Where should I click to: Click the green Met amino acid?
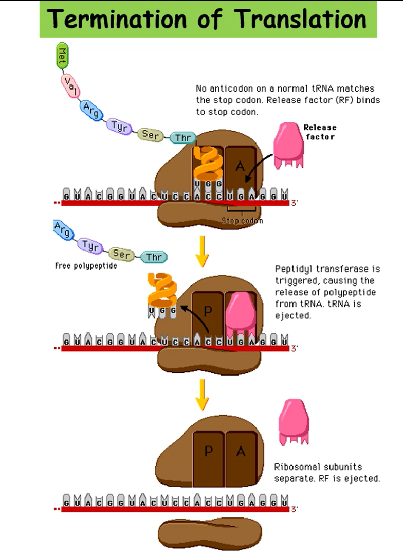tap(62, 56)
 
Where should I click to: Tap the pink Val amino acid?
tap(70, 86)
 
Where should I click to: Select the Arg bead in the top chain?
tap(91, 111)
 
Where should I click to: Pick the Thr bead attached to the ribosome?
tap(183, 138)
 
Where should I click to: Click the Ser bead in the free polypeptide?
tap(121, 254)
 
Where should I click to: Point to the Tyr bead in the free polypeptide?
tap(90, 245)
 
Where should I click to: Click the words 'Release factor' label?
tap(320, 132)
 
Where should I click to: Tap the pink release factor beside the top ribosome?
tap(288, 145)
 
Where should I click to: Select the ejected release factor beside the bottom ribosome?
tap(294, 421)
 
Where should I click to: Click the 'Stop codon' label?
tap(242, 221)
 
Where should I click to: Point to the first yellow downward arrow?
tap(202, 251)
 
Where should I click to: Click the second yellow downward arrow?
tap(202, 395)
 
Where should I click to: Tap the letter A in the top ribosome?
tap(240, 166)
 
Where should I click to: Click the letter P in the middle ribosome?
tap(208, 311)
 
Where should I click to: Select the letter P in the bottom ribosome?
tap(209, 451)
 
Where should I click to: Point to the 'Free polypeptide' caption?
tap(86, 266)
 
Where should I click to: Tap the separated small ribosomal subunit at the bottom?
tap(210, 534)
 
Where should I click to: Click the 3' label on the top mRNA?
tap(294, 203)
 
